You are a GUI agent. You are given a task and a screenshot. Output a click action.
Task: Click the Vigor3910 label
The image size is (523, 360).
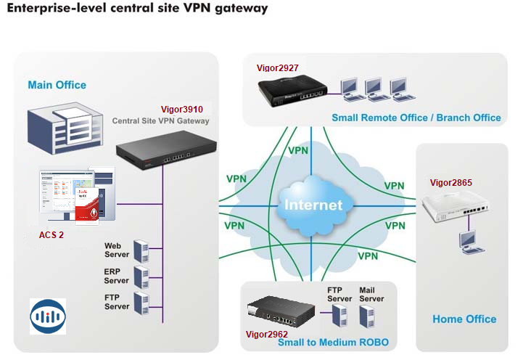coord(182,109)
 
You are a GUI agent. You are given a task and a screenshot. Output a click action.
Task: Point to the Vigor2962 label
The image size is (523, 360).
coord(266,334)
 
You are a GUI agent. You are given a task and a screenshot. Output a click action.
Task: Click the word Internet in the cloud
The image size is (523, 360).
coord(313,205)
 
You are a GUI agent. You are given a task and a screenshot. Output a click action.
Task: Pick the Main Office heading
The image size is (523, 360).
coord(57,85)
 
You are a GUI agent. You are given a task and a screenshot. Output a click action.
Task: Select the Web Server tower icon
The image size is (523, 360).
coord(141,250)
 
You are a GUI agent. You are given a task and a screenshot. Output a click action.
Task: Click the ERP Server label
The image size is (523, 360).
coord(116,276)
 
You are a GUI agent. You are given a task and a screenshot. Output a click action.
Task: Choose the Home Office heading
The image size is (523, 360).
coord(464,319)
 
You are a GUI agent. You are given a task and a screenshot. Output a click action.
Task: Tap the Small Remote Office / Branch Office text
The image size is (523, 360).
coord(416,118)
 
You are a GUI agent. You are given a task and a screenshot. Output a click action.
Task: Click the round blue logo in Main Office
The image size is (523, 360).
coord(48,316)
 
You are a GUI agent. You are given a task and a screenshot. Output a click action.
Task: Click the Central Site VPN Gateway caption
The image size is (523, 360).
coord(160,120)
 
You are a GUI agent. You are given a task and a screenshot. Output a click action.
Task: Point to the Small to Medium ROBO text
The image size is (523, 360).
coord(333,342)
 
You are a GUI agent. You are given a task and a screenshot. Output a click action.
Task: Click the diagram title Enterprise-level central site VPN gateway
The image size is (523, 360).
coord(136,9)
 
